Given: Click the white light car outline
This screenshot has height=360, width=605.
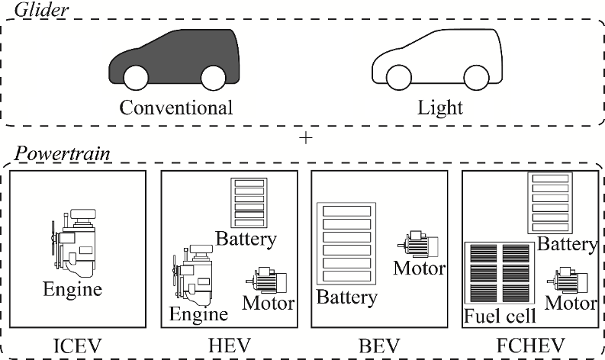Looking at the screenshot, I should [x=436, y=57].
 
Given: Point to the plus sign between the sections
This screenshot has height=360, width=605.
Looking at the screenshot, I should [x=306, y=138].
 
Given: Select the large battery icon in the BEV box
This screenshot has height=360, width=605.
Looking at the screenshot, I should [x=346, y=243].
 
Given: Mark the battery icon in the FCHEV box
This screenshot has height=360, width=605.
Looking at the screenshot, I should [x=549, y=203].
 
